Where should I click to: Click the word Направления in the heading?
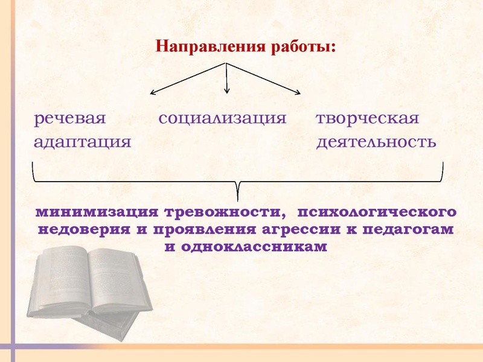(x=203, y=46)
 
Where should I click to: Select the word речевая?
(x=70, y=118)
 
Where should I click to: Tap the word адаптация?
(x=82, y=142)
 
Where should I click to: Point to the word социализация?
(x=222, y=118)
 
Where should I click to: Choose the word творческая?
(x=368, y=118)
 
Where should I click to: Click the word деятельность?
(x=376, y=142)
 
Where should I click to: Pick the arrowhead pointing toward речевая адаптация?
(x=153, y=93)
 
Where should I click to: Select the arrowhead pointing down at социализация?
(x=226, y=91)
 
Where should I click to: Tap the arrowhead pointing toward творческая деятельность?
(x=298, y=92)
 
